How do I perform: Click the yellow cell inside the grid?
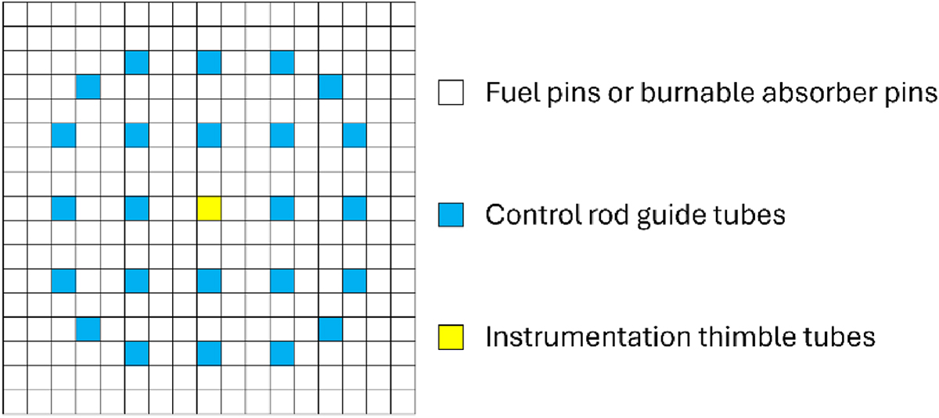pyautogui.click(x=209, y=209)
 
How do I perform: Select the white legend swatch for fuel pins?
pyautogui.click(x=451, y=92)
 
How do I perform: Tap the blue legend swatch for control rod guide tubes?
pyautogui.click(x=451, y=215)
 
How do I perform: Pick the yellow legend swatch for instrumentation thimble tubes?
pyautogui.click(x=451, y=338)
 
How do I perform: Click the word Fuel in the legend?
pyautogui.click(x=513, y=92)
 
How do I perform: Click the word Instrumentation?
pyautogui.click(x=588, y=337)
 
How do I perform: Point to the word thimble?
pyautogui.click(x=747, y=337)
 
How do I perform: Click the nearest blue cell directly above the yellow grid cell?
pyautogui.click(x=209, y=135)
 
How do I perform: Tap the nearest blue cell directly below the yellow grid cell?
pyautogui.click(x=209, y=280)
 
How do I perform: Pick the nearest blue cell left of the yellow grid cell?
pyautogui.click(x=137, y=209)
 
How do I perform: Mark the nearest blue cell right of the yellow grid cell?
pyautogui.click(x=282, y=209)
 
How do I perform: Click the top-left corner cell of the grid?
pyautogui.click(x=15, y=14)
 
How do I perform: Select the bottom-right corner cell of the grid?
pyautogui.click(x=403, y=402)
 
